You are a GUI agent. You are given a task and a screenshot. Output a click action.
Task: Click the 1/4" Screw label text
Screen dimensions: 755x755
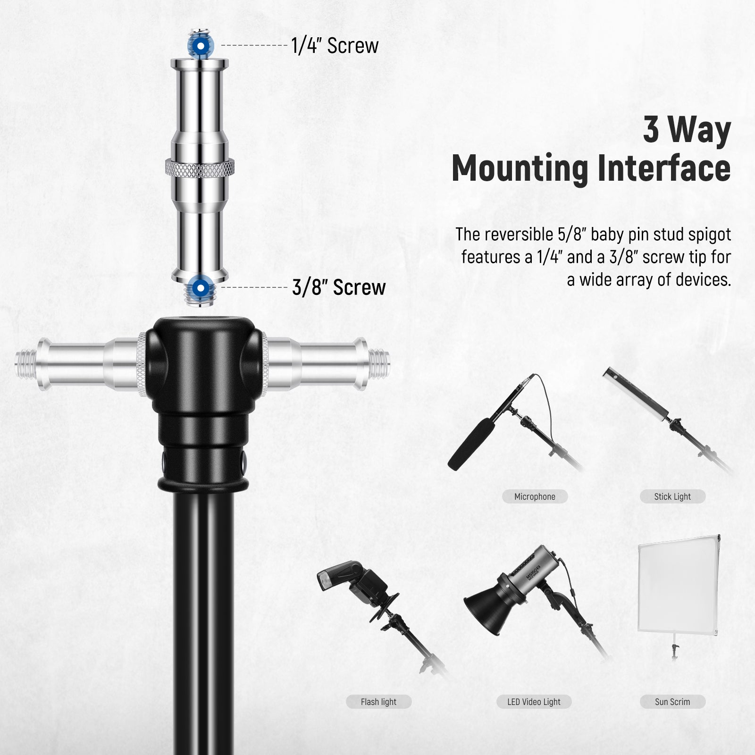pos(335,46)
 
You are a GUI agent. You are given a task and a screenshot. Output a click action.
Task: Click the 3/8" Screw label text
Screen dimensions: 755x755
pos(339,287)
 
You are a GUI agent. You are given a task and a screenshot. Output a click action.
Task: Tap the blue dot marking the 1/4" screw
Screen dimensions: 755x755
pos(201,46)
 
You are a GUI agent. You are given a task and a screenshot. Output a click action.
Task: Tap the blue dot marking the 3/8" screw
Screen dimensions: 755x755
pos(201,287)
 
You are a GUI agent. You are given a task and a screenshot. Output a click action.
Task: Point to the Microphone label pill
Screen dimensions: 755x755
pos(535,496)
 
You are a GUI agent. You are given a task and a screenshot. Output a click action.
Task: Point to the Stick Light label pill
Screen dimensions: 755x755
pos(672,496)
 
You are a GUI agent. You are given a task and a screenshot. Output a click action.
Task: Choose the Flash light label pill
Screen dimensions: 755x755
pos(378,702)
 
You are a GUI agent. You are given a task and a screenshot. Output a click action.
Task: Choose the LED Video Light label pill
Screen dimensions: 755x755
pos(534,702)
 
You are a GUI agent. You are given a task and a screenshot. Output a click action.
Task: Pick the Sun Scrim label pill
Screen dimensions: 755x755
pos(672,702)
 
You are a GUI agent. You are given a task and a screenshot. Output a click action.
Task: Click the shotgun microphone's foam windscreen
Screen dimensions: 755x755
pos(472,441)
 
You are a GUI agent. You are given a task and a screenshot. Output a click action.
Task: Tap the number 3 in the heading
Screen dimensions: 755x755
pos(651,130)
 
